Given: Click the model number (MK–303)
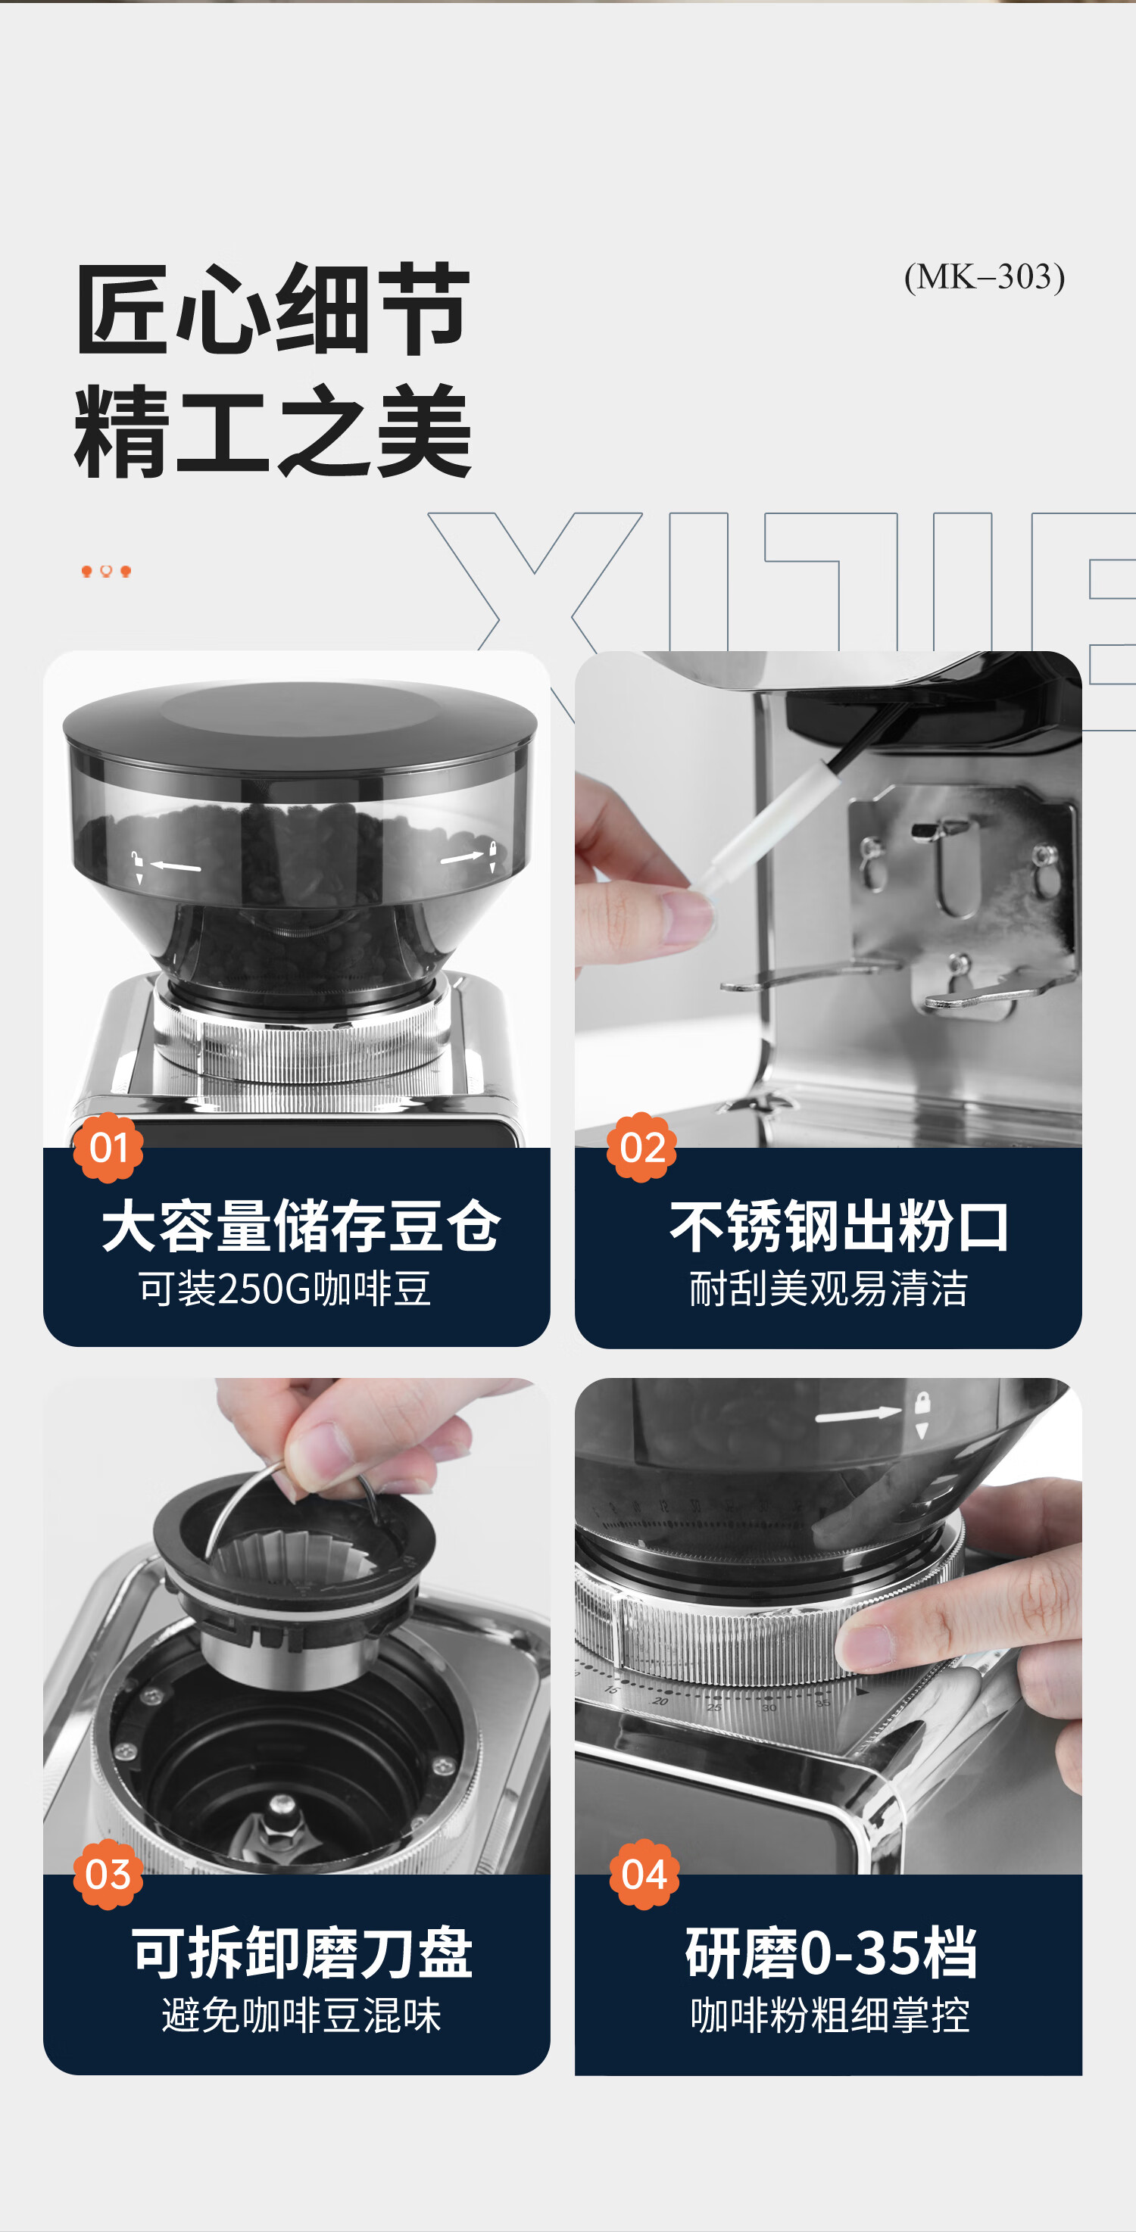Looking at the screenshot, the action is (985, 277).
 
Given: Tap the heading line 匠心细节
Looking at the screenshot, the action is (273, 310).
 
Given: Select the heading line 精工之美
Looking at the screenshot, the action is (273, 432).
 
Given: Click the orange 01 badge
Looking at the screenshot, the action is (108, 1147).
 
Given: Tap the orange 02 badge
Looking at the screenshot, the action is (642, 1147).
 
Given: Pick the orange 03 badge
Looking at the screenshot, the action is (108, 1874).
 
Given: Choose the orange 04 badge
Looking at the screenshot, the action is (644, 1874).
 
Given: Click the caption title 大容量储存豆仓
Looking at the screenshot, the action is (301, 1226).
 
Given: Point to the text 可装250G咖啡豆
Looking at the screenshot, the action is (285, 1289).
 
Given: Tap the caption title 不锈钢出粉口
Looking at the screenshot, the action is (839, 1227).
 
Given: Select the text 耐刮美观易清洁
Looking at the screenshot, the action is (829, 1289).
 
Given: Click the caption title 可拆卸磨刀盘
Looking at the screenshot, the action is (301, 1953).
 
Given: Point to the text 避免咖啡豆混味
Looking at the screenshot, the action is (301, 2015).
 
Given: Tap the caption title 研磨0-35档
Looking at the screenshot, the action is (831, 1953).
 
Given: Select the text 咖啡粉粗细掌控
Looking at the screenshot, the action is (830, 2015).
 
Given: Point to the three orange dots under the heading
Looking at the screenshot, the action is (106, 571).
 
